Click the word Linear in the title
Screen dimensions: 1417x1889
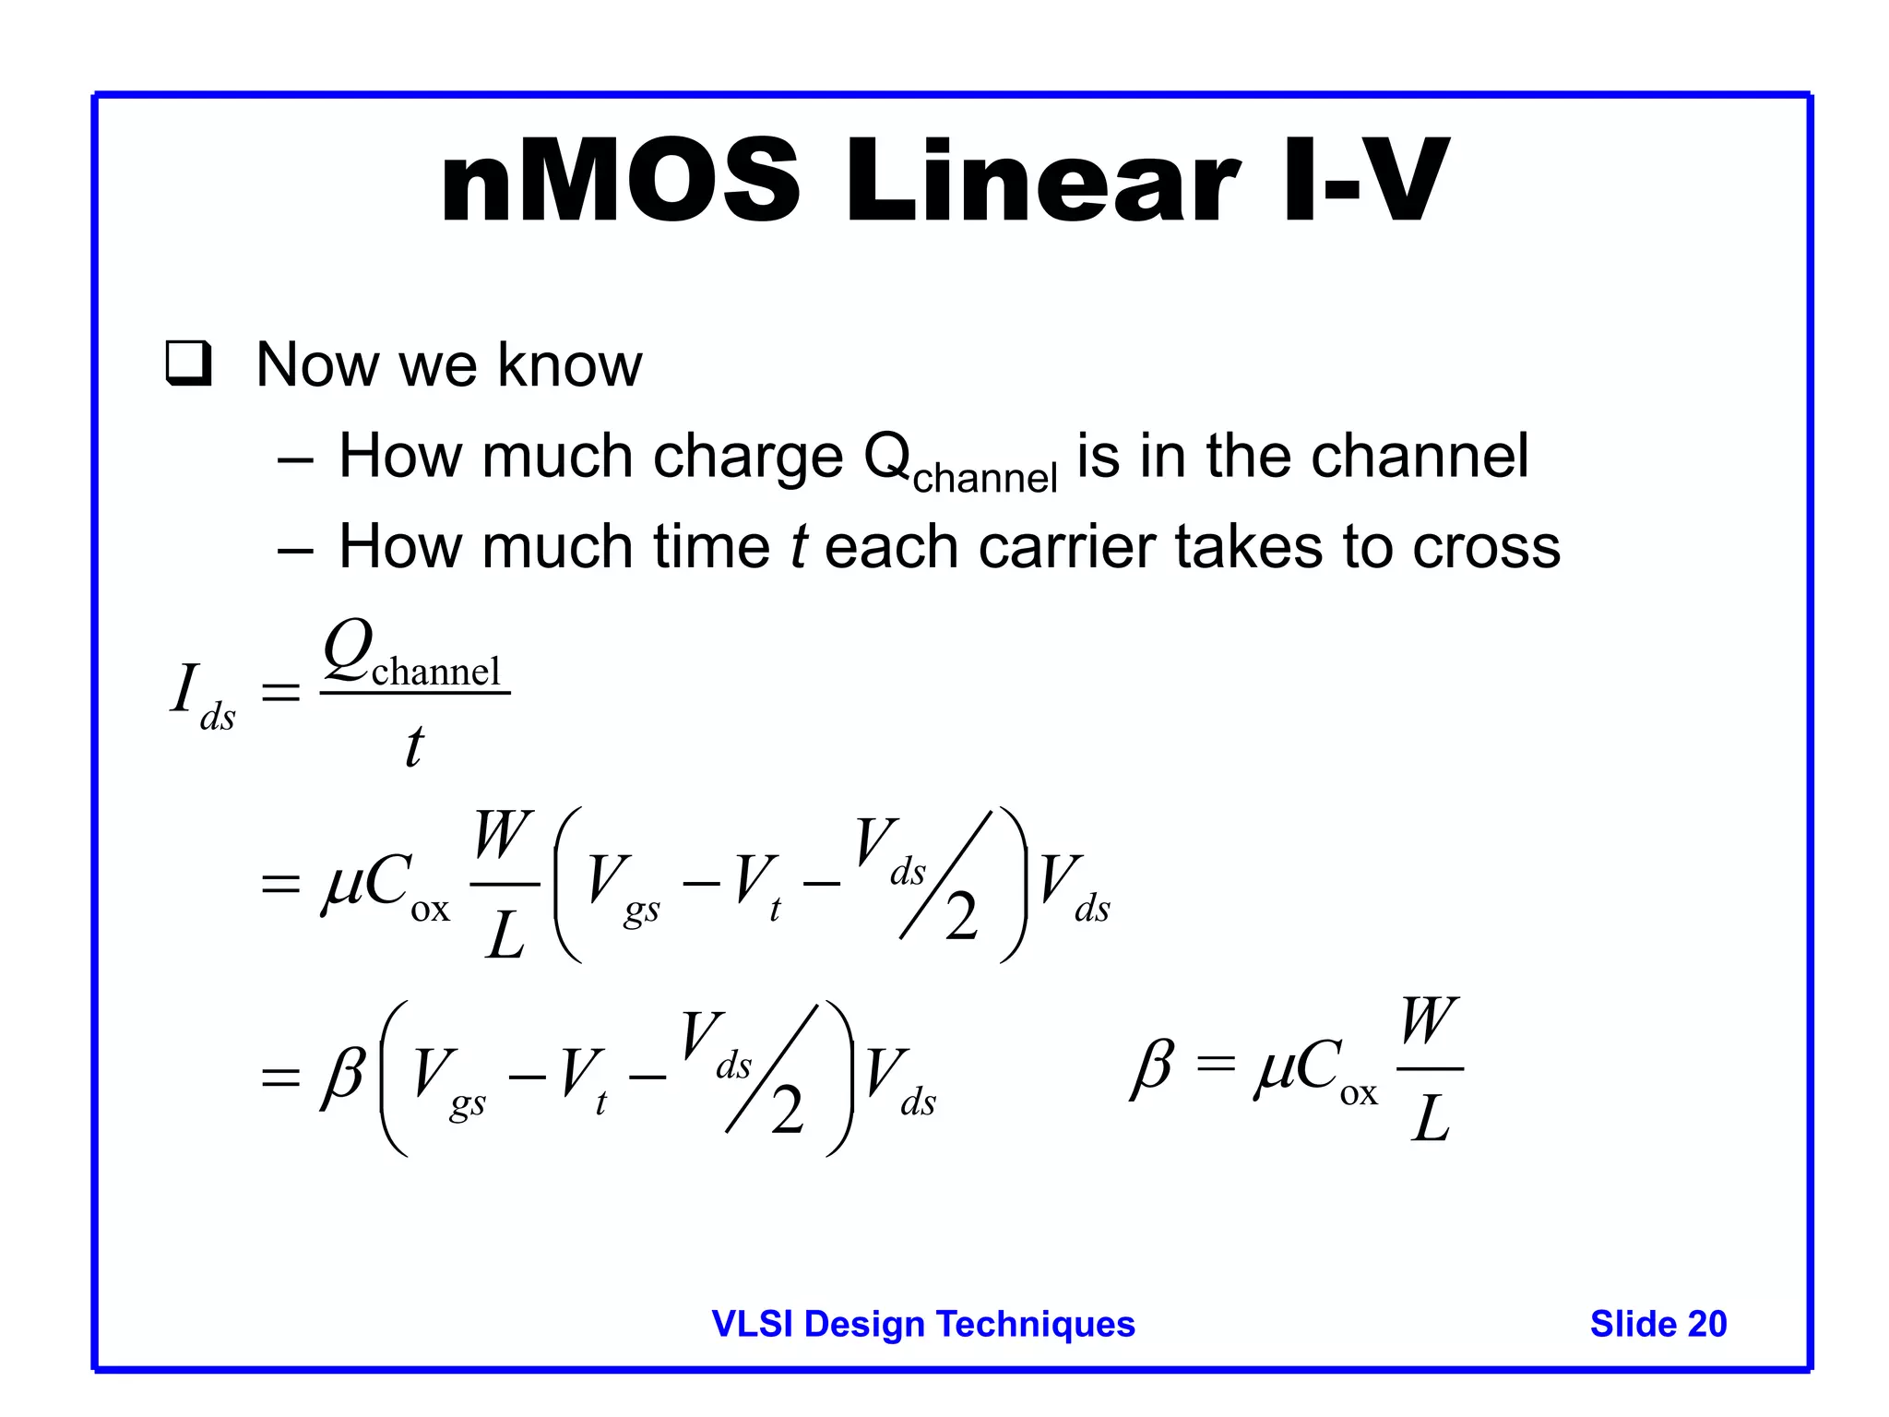tap(1042, 182)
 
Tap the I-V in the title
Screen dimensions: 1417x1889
tap(1365, 182)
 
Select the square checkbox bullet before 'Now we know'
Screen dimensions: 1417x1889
tap(189, 363)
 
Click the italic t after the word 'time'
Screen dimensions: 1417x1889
tap(799, 546)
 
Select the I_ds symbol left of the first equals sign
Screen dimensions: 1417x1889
tap(201, 696)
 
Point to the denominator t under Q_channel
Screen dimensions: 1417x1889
tap(414, 745)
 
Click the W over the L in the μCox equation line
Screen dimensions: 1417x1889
tap(503, 835)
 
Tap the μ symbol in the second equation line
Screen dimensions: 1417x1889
tap(341, 884)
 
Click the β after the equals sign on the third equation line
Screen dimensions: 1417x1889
tap(342, 1075)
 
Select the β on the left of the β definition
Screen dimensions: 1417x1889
tap(1152, 1068)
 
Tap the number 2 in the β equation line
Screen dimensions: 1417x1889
tap(787, 1111)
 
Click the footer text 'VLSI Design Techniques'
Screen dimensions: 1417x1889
tap(923, 1324)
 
